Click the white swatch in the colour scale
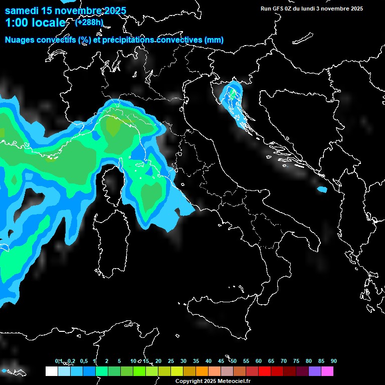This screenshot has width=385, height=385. (51, 371)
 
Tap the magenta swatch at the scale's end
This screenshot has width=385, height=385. (327, 371)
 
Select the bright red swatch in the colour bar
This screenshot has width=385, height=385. (265, 371)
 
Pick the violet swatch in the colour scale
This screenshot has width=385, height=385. (315, 371)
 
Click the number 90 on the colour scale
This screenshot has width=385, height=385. (334, 361)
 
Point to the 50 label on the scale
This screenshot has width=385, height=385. (234, 361)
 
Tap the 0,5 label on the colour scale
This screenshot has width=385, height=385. (83, 361)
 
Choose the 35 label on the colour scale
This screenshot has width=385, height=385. (196, 361)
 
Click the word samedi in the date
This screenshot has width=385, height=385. (20, 11)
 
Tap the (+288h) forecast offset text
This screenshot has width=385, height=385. (90, 22)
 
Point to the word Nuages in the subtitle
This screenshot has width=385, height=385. (20, 40)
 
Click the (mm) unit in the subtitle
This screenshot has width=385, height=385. (214, 40)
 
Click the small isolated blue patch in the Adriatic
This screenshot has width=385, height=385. (322, 189)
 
